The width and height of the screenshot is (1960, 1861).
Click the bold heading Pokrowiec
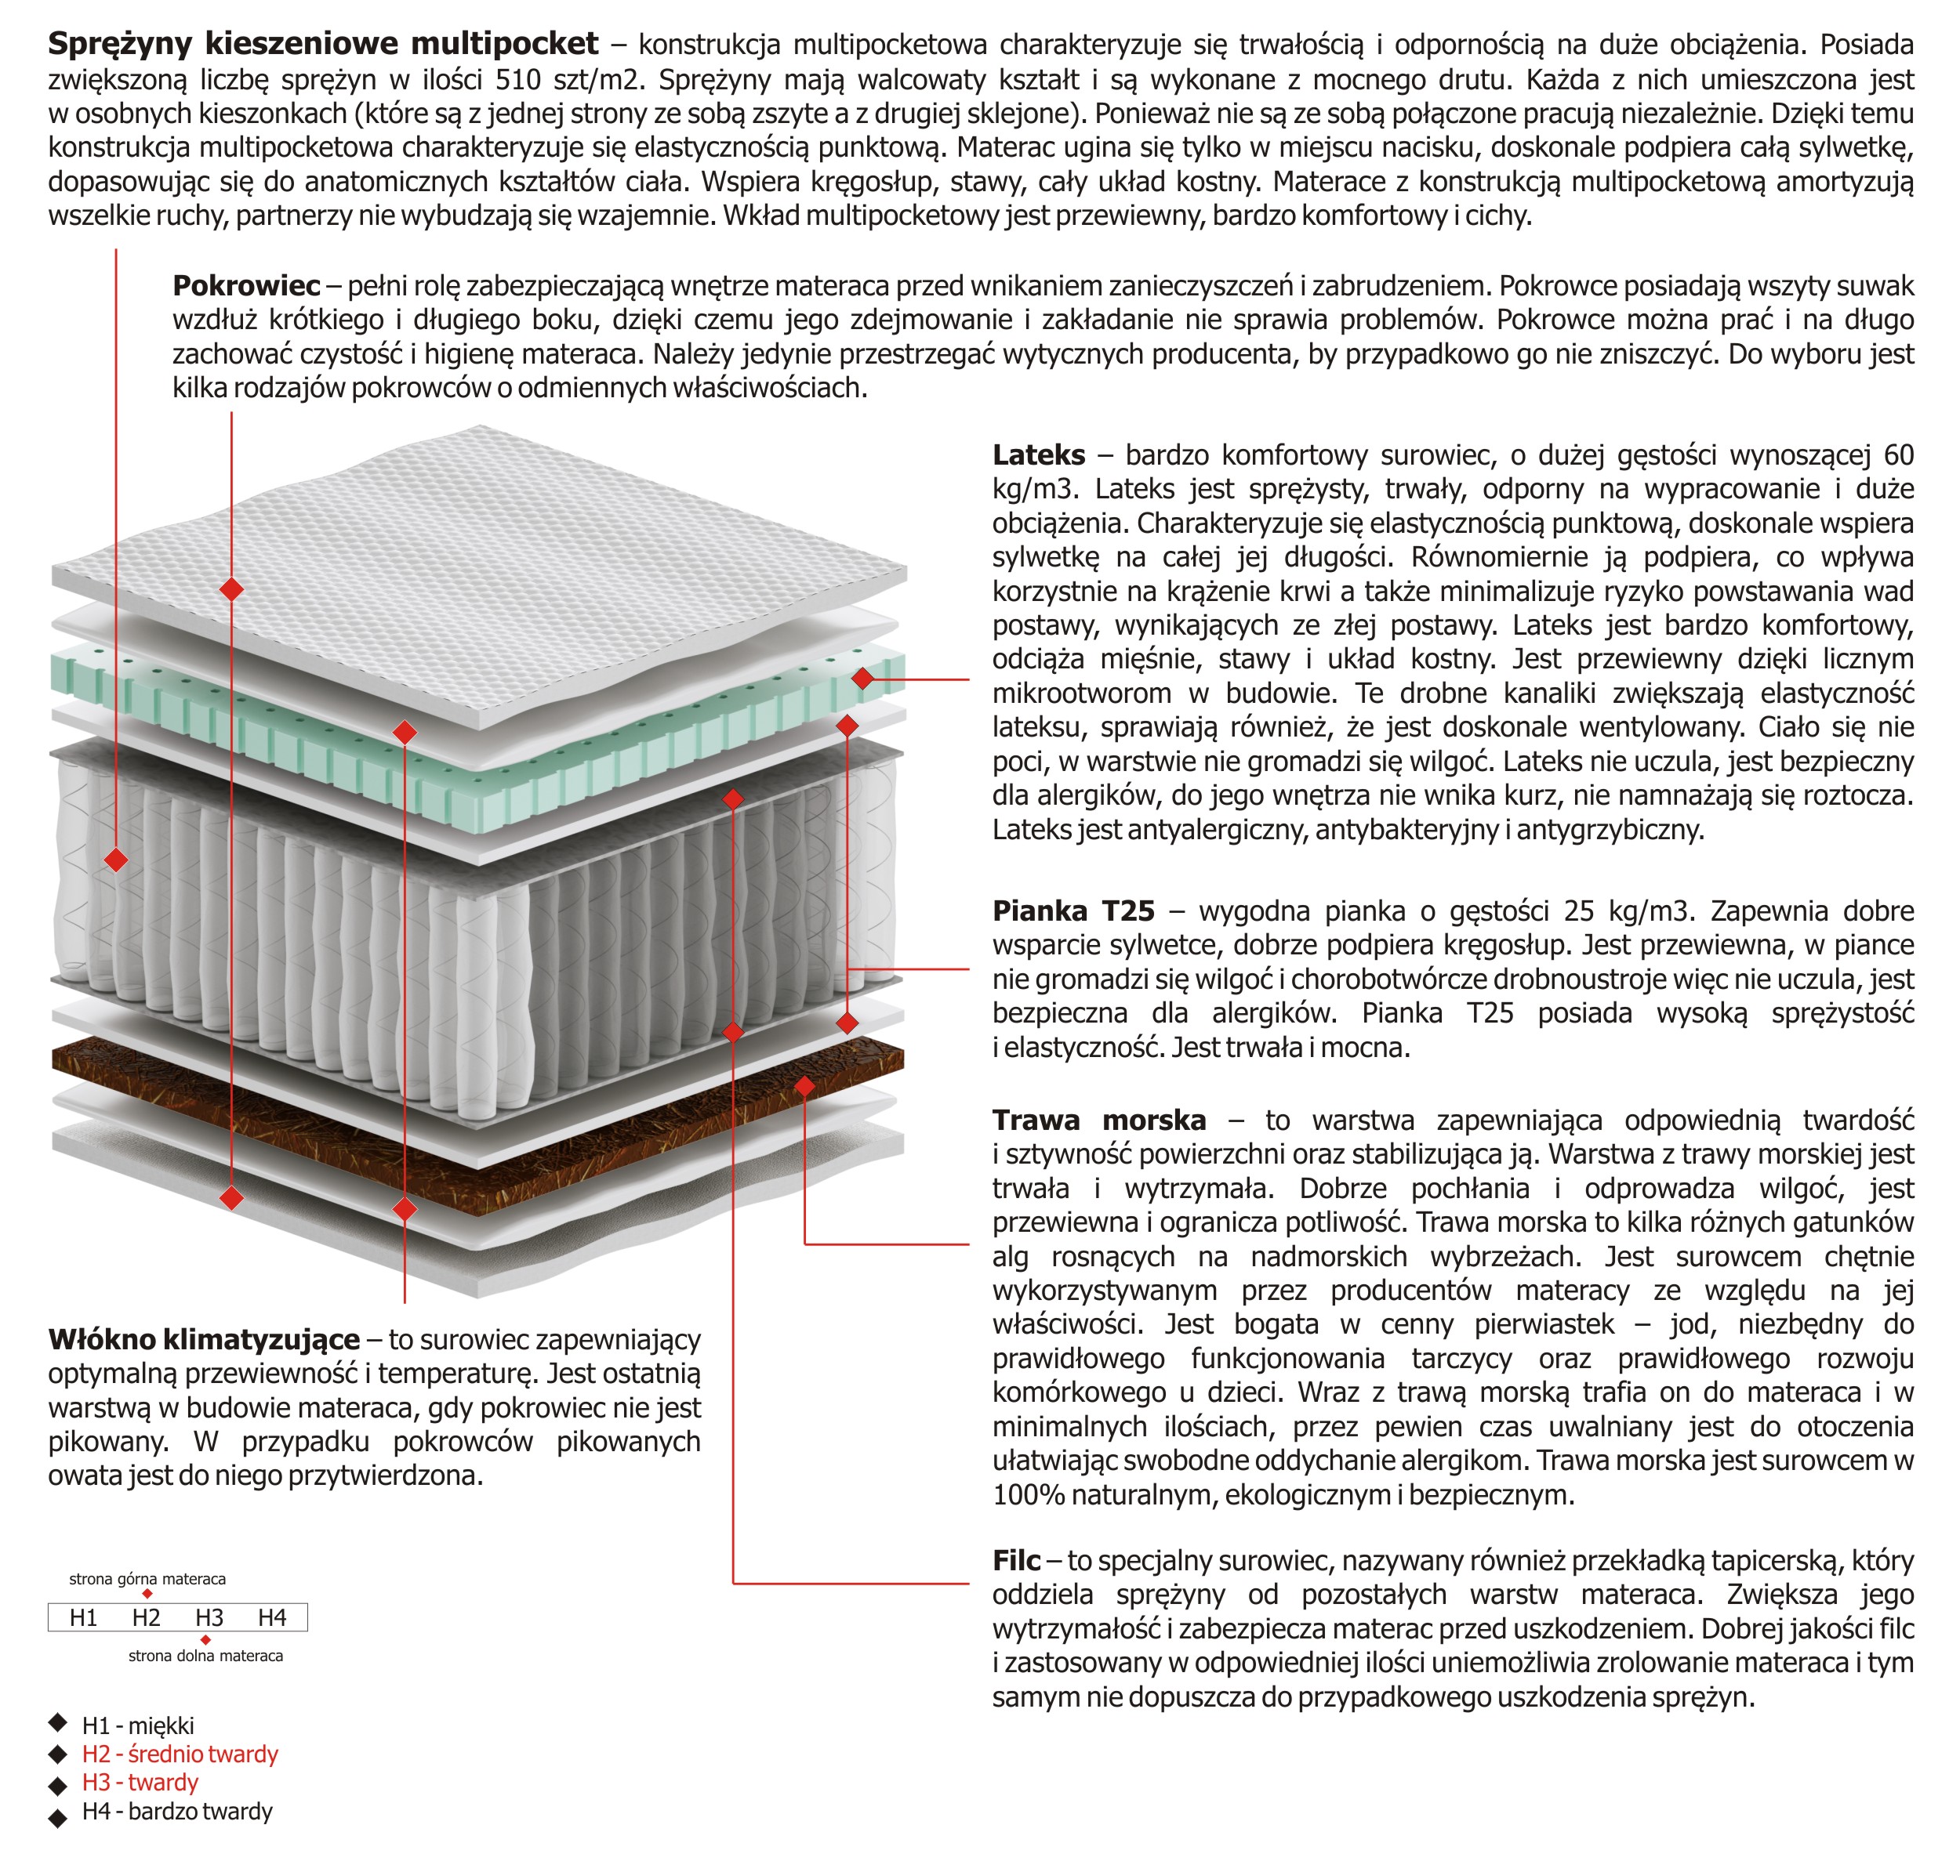[x=246, y=286]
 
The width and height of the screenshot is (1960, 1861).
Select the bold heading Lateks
[x=1038, y=455]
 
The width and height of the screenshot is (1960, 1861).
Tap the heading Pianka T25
[x=1073, y=911]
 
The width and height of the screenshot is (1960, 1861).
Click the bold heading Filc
[x=1016, y=1560]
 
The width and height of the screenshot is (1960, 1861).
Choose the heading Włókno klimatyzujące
[x=203, y=1339]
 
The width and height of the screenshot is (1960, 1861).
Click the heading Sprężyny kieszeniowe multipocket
[x=322, y=44]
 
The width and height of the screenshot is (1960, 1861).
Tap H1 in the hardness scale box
[x=83, y=1618]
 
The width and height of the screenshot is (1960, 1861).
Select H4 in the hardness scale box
[x=272, y=1618]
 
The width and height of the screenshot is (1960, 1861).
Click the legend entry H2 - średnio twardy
[x=180, y=1754]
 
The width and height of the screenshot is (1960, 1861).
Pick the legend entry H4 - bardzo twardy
[x=176, y=1812]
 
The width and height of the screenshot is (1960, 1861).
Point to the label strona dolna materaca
[x=205, y=1656]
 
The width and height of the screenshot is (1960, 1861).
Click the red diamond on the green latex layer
[x=862, y=679]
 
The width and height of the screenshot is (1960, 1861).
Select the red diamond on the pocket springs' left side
[x=116, y=859]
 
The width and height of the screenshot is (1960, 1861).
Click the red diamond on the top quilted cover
[x=231, y=589]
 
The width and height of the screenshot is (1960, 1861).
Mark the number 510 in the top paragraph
[x=518, y=79]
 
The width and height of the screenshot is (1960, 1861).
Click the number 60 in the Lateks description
[x=1897, y=455]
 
